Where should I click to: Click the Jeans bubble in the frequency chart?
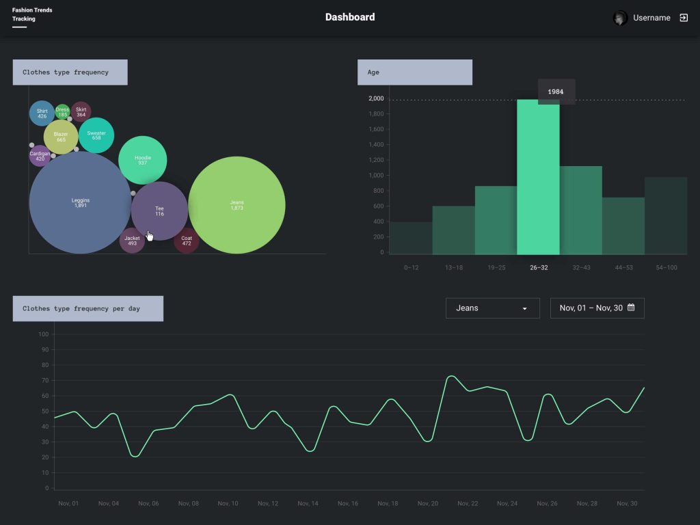(237, 205)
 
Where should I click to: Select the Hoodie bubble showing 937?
(142, 160)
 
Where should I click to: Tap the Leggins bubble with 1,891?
(80, 202)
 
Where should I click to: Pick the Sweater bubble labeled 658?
(96, 135)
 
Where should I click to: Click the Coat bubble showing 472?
(187, 241)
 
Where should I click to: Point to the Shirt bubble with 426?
(42, 113)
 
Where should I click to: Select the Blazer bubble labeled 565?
(61, 137)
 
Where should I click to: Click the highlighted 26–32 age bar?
(538, 178)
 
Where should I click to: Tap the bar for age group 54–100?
(666, 215)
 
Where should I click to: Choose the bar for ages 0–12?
(411, 238)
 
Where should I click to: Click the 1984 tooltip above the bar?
(556, 92)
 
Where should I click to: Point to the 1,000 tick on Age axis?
(377, 176)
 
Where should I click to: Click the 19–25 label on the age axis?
(496, 267)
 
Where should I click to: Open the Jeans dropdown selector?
(492, 308)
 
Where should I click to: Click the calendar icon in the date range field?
(631, 308)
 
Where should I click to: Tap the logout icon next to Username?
(684, 18)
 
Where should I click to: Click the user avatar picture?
(620, 18)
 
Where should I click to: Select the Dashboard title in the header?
(350, 17)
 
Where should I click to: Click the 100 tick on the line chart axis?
(44, 334)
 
